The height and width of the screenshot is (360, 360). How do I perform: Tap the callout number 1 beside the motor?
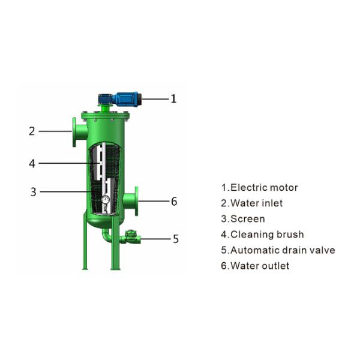(174, 98)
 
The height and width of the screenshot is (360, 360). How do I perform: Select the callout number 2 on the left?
(32, 131)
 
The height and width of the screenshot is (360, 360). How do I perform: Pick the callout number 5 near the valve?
(175, 239)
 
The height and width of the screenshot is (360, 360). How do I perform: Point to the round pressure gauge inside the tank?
(105, 200)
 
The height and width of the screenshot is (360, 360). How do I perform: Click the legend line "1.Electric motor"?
(259, 188)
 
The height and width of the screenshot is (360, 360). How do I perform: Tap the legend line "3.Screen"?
(242, 219)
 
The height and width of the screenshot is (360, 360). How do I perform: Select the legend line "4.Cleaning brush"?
(262, 235)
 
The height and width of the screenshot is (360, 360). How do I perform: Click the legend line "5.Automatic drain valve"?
(278, 250)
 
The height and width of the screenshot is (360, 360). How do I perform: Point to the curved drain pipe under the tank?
(106, 236)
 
